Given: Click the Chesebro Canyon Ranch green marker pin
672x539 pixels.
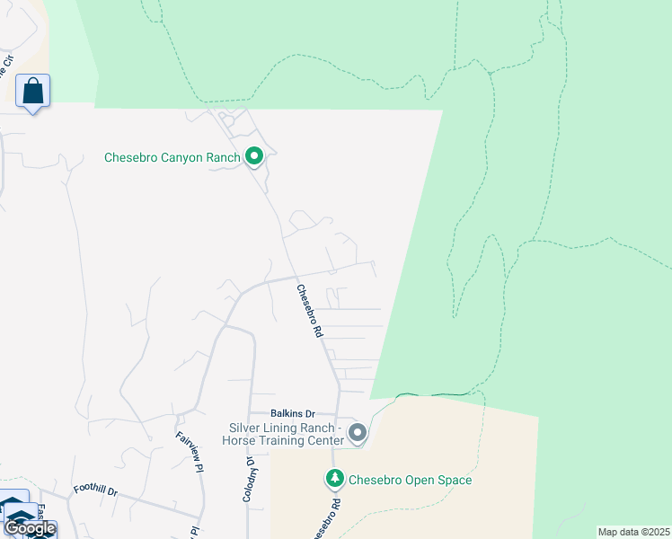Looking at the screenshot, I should coord(254,158).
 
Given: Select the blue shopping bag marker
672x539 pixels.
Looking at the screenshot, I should coord(33,91).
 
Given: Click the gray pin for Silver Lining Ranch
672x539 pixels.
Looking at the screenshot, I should coord(358,434).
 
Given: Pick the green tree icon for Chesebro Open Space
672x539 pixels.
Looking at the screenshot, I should coord(334,480).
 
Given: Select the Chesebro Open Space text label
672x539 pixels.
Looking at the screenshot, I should coord(410,481).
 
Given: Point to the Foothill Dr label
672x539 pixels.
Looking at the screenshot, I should coord(96,490).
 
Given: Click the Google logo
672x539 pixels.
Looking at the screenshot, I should coord(29,527).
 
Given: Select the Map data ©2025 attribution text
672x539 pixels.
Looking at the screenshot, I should coord(633,532).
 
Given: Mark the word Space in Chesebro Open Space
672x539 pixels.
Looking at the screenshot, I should coord(455,481).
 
